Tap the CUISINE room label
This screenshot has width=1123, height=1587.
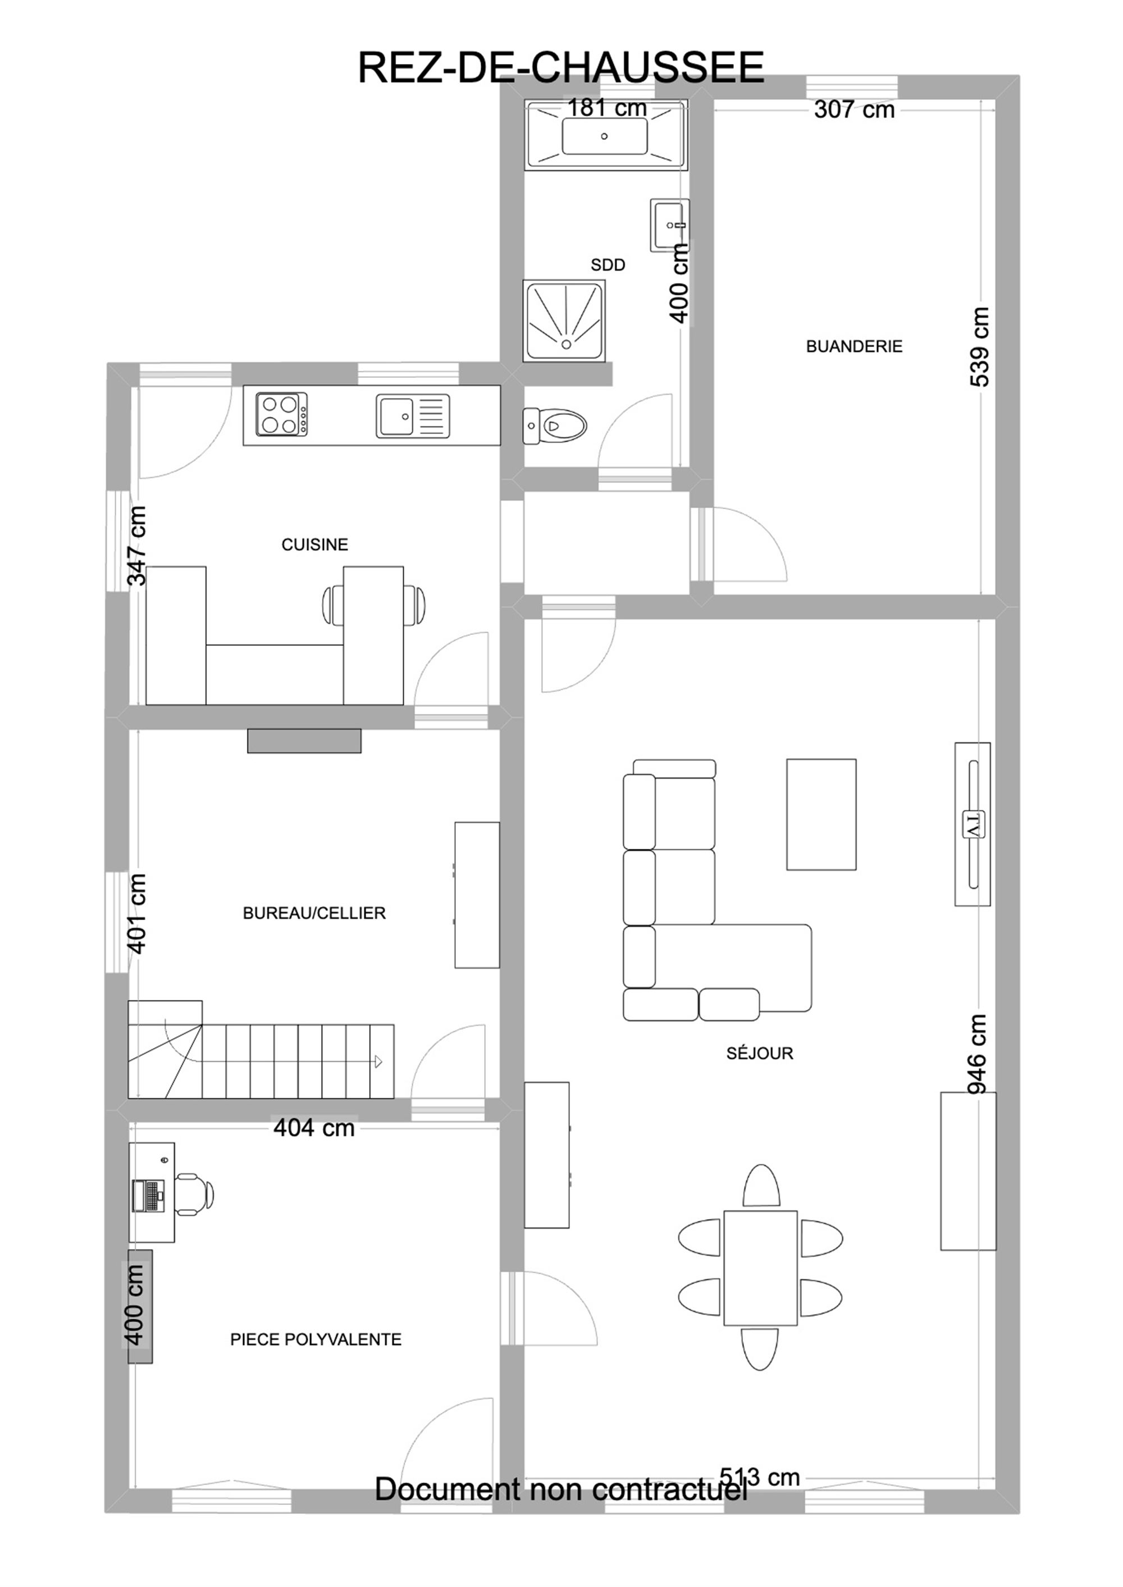pyautogui.click(x=314, y=545)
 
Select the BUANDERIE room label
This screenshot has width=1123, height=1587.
pyautogui.click(x=854, y=346)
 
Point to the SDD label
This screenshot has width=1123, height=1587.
pyautogui.click(x=608, y=265)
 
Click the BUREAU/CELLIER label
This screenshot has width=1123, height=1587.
pyautogui.click(x=314, y=913)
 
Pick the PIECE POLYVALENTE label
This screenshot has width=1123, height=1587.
pyautogui.click(x=316, y=1339)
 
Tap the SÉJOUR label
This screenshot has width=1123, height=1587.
pyautogui.click(x=759, y=1053)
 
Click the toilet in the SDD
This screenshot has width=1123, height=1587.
pyautogui.click(x=555, y=426)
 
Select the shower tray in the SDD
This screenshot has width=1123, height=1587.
pyautogui.click(x=564, y=320)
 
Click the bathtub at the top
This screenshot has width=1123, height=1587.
pyautogui.click(x=606, y=135)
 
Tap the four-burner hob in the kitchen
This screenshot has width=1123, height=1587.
pyautogui.click(x=281, y=414)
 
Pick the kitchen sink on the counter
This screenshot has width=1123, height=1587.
pyautogui.click(x=413, y=415)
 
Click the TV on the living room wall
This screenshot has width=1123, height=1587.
pyautogui.click(x=973, y=824)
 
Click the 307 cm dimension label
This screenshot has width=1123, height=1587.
pyautogui.click(x=854, y=109)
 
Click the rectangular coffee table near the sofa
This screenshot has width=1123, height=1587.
pyautogui.click(x=821, y=814)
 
